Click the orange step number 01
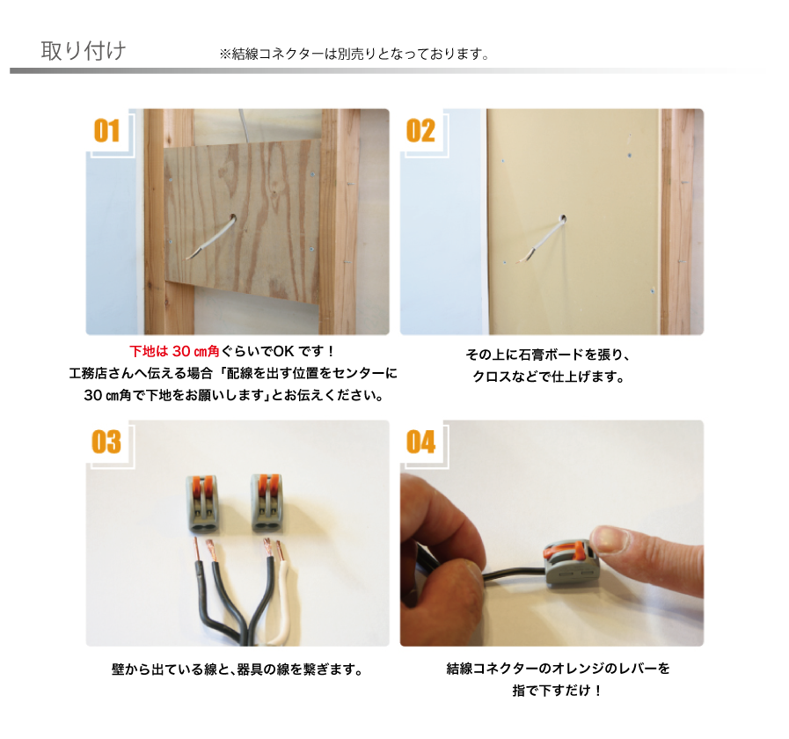[106, 131]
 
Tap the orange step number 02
[420, 131]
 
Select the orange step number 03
[106, 442]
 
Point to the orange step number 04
[420, 442]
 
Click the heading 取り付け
[84, 51]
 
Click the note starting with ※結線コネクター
[354, 54]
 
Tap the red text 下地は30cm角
[175, 351]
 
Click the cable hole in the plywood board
[233, 218]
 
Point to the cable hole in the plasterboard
[563, 218]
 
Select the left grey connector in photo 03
[203, 503]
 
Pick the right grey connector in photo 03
[267, 502]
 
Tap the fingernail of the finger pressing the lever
[610, 539]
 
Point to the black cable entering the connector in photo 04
[514, 574]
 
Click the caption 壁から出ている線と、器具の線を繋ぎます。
[237, 669]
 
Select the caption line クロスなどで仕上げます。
[549, 377]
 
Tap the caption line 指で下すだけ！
[557, 690]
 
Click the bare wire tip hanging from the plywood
[190, 257]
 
